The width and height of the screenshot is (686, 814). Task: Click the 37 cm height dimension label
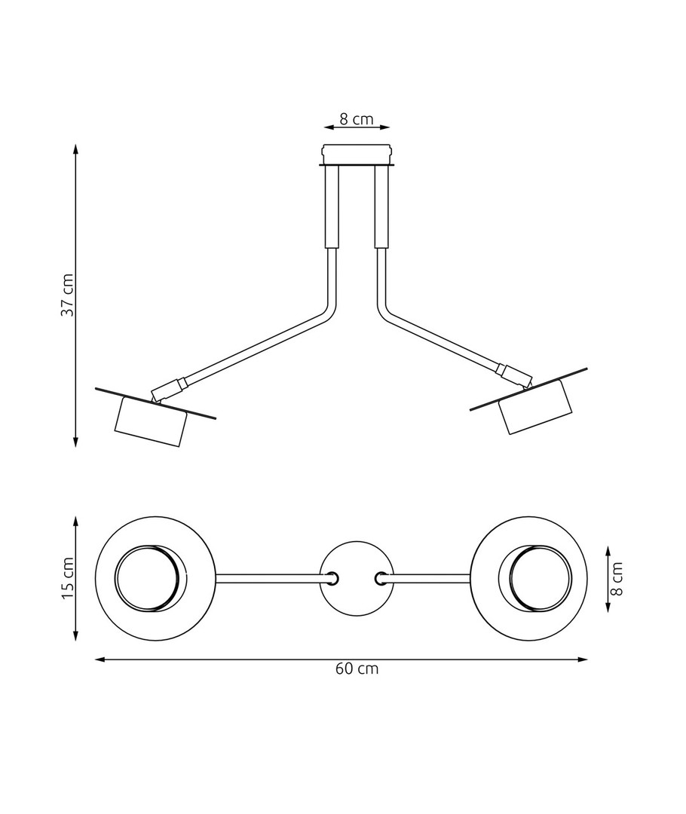[x=68, y=295]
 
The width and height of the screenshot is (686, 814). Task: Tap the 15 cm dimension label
[x=68, y=578]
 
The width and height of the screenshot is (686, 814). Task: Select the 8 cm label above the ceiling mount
[x=357, y=118]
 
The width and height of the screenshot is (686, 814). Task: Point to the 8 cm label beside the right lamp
[x=618, y=578]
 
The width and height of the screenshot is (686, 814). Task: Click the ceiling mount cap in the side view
[x=357, y=154]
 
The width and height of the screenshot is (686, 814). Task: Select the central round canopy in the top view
[x=357, y=578]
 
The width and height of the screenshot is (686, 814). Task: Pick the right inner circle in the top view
[x=537, y=578]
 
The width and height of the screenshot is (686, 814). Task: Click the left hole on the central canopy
[x=331, y=578]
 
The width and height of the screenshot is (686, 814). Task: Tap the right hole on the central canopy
[x=381, y=578]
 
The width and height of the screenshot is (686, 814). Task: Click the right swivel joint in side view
[x=513, y=372]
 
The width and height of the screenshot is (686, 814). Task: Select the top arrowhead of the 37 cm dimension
[x=76, y=148]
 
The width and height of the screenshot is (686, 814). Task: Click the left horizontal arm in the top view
[x=268, y=578]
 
